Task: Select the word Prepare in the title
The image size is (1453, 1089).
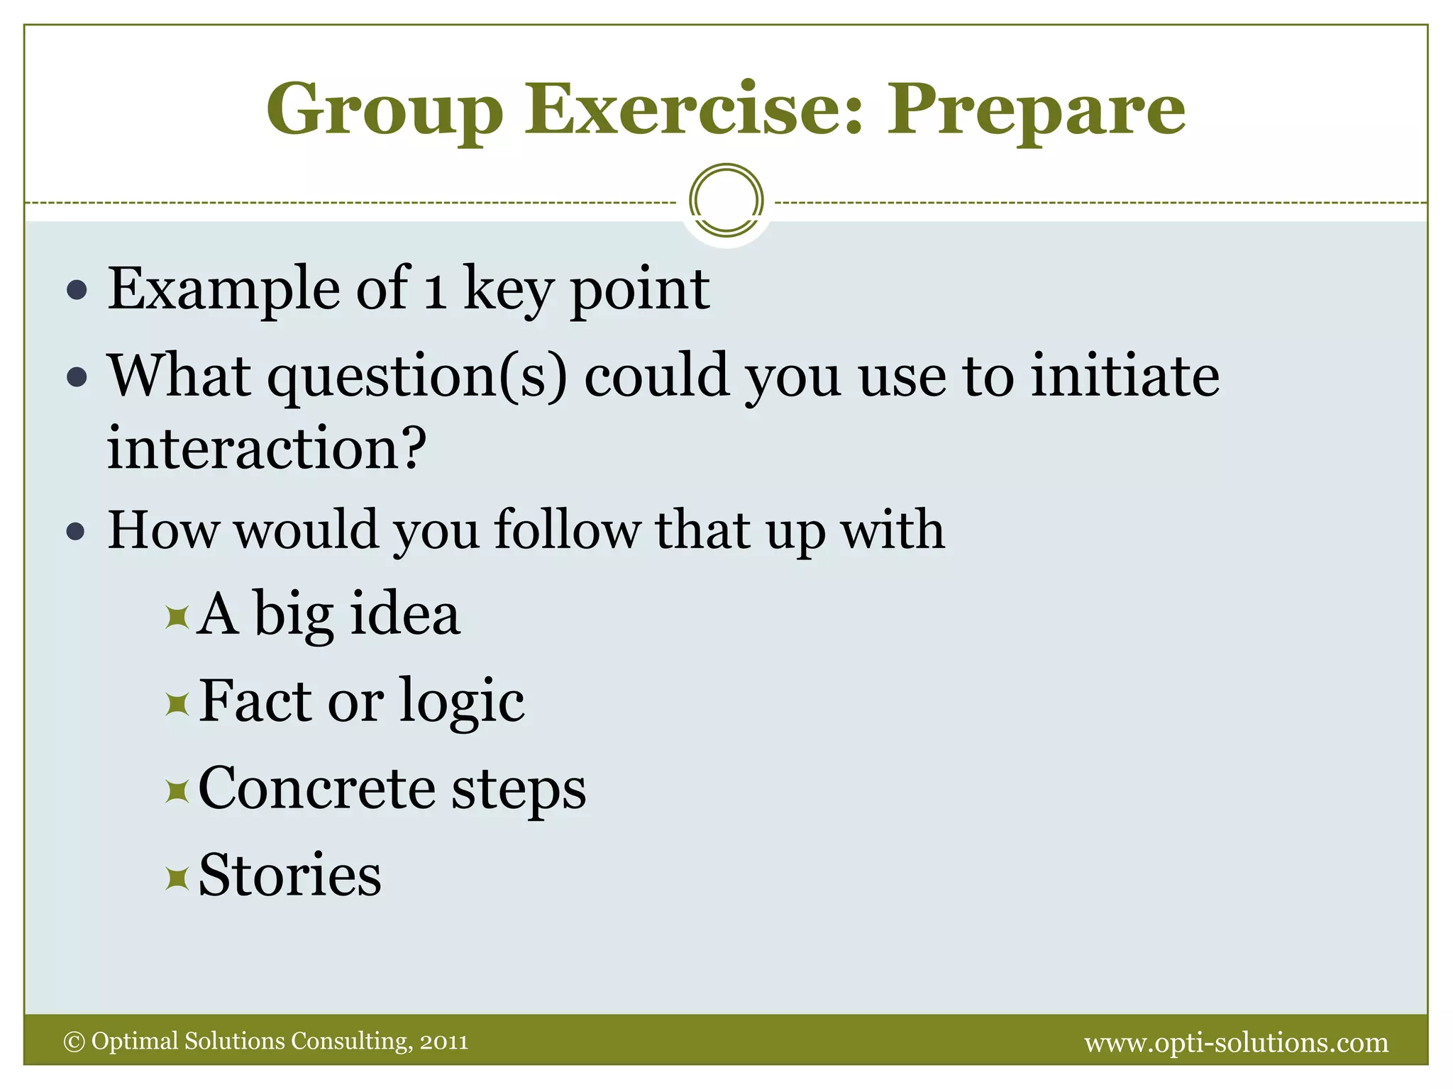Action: [x=1036, y=110]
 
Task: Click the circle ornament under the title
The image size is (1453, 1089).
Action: [x=726, y=201]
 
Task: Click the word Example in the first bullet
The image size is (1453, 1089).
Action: [x=223, y=289]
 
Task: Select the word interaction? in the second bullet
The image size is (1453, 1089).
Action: [x=267, y=448]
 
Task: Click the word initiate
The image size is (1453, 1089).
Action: [x=1125, y=376]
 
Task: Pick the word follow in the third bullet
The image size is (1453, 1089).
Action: [x=568, y=530]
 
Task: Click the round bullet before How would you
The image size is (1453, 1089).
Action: [x=76, y=532]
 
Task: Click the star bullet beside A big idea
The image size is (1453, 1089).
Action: [x=177, y=618]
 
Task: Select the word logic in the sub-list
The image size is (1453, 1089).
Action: [x=462, y=702]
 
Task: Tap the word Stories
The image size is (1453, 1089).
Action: [x=289, y=876]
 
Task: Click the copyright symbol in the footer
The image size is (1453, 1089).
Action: [x=74, y=1041]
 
